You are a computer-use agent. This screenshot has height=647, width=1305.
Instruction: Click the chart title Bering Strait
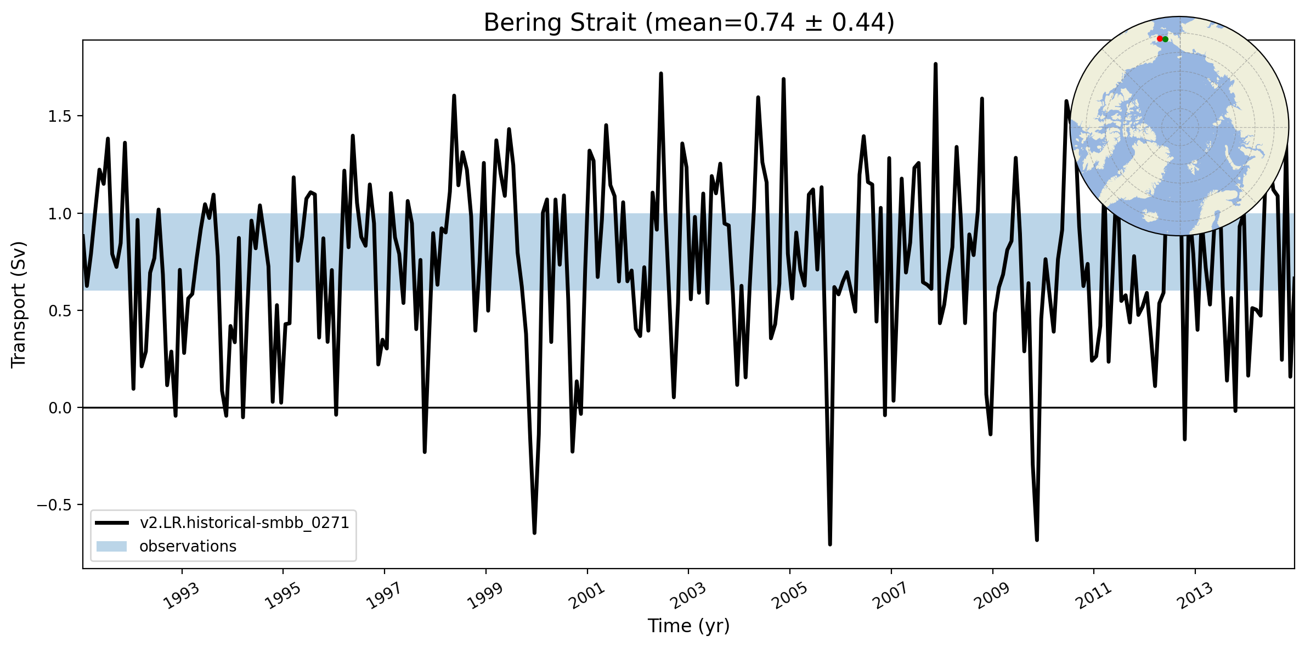pos(560,23)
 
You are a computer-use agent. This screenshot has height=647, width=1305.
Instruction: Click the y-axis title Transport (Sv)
pos(19,304)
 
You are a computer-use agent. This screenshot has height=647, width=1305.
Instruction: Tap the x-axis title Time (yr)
pos(688,626)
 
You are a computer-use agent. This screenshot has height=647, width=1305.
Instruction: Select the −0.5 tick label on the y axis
pos(55,505)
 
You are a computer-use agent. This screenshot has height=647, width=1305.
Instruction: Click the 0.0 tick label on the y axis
pos(60,408)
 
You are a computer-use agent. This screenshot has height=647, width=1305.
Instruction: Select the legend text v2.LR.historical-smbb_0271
pos(244,523)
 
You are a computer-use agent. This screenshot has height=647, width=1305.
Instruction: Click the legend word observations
pos(188,547)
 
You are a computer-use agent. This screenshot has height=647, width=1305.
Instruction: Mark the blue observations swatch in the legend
pos(111,547)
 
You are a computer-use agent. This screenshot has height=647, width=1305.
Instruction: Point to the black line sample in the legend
pos(111,523)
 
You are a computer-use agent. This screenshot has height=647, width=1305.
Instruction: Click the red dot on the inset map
pos(1159,39)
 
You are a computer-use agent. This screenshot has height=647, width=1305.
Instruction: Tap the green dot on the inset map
pos(1165,39)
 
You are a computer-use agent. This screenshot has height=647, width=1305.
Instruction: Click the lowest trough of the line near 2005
pos(830,544)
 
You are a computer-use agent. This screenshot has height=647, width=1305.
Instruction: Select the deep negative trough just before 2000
pos(534,532)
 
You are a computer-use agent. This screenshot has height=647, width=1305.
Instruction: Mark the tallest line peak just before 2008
pos(935,64)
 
